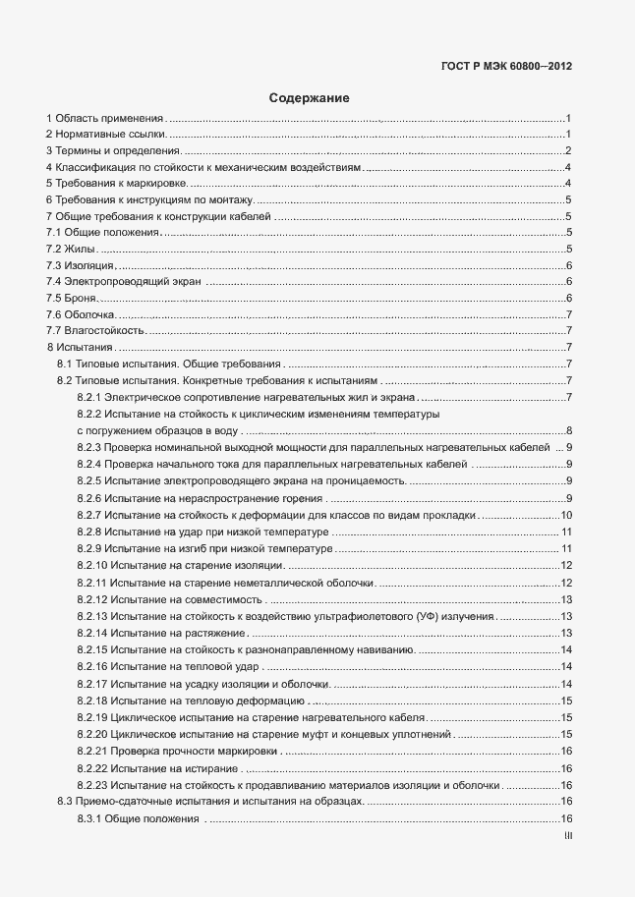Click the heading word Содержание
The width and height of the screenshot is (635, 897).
[x=309, y=98]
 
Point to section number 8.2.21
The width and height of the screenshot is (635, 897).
[x=91, y=751]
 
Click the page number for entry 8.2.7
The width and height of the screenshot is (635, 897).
[x=566, y=516]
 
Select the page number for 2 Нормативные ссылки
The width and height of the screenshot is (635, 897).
[x=569, y=134]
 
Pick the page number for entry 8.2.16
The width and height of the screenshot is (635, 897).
[x=566, y=667]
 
